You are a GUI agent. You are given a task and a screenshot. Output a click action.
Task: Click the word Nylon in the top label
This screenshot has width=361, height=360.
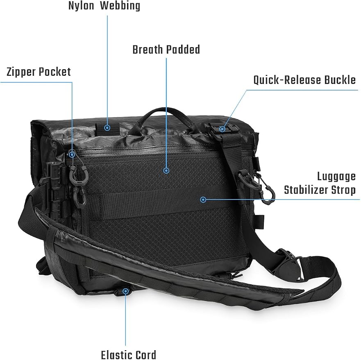coord(81,6)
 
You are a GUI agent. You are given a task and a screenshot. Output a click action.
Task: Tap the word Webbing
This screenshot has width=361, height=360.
coord(120,6)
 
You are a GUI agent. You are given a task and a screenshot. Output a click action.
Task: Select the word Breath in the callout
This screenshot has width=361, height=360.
coord(148,50)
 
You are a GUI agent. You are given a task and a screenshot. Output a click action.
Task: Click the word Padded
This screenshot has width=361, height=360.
coord(183,50)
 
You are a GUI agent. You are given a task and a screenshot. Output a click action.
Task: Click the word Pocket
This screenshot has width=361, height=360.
coord(55,72)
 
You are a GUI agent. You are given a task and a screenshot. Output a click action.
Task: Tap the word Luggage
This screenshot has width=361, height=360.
coord(336,177)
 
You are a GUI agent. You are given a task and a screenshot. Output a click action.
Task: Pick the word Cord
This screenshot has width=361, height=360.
coord(145,355)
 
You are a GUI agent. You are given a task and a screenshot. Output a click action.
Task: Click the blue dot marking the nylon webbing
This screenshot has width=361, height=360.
coord(107,127)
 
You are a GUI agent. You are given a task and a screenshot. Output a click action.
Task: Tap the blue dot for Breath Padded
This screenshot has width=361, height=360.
coord(166,170)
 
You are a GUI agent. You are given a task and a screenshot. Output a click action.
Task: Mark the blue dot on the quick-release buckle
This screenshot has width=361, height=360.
coord(222,129)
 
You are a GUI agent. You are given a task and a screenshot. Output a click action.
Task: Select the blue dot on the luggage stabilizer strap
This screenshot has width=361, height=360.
coord(203,199)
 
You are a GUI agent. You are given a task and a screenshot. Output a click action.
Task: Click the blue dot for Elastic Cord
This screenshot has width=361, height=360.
coord(125,292)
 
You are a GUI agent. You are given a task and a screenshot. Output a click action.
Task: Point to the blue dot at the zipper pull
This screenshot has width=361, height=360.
coord(72,154)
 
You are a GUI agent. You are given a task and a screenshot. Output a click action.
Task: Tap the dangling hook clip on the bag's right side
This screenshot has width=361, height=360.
coord(268,191)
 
